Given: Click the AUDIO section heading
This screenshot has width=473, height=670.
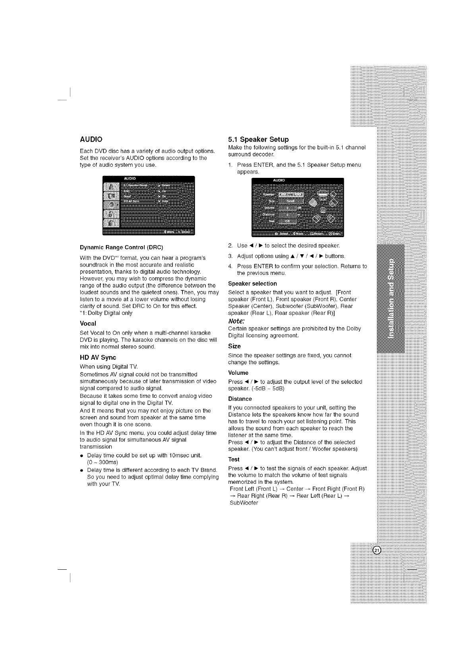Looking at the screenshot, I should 91,139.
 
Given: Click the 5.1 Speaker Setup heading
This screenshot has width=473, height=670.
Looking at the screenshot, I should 258,139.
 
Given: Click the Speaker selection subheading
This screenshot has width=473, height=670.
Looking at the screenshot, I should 252,284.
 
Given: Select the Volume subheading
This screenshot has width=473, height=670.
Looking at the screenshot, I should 238,373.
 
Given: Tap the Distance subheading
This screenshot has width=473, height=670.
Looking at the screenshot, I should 240,399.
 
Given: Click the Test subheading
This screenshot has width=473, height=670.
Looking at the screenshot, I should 234,460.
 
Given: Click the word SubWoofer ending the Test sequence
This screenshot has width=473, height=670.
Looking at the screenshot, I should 244,503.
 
